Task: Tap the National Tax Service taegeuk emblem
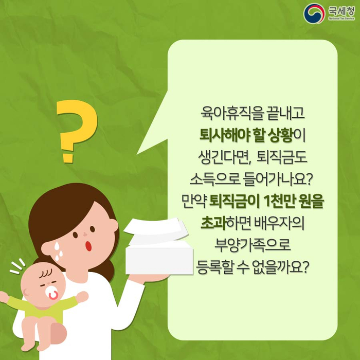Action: click(314, 13)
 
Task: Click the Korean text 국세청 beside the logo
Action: click(341, 11)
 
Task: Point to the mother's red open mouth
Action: click(88, 246)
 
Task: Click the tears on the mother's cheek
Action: click(58, 250)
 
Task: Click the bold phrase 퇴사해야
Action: click(224, 135)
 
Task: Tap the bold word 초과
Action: click(213, 223)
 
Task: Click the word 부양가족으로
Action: click(253, 245)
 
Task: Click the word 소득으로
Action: click(214, 179)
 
